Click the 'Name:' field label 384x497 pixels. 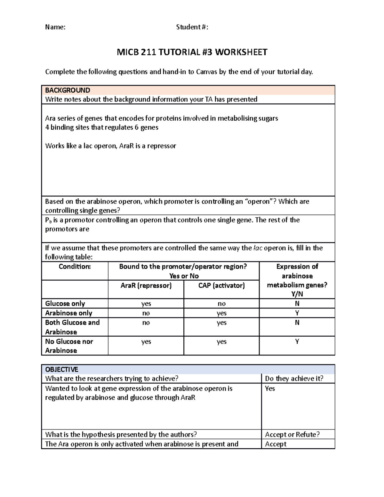click(55, 27)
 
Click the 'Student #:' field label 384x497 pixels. click(192, 27)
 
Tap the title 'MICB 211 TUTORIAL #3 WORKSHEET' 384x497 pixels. click(192, 52)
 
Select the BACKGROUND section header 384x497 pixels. click(68, 90)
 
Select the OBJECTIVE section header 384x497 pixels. click(61, 369)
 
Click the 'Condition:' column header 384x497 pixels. click(75, 267)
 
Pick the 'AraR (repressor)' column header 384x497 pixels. click(146, 285)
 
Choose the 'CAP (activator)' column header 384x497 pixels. click(221, 285)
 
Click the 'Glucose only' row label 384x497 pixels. click(65, 303)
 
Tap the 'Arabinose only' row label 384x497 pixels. click(68, 313)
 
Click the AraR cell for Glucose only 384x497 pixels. click(146, 304)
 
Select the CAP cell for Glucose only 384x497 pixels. click(221, 304)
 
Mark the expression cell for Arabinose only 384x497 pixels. click(297, 313)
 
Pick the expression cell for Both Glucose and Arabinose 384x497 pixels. click(297, 323)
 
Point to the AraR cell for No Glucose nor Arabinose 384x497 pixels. click(146, 342)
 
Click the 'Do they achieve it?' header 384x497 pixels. click(294, 379)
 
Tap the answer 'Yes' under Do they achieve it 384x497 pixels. click(270, 389)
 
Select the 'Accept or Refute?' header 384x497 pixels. click(292, 435)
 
